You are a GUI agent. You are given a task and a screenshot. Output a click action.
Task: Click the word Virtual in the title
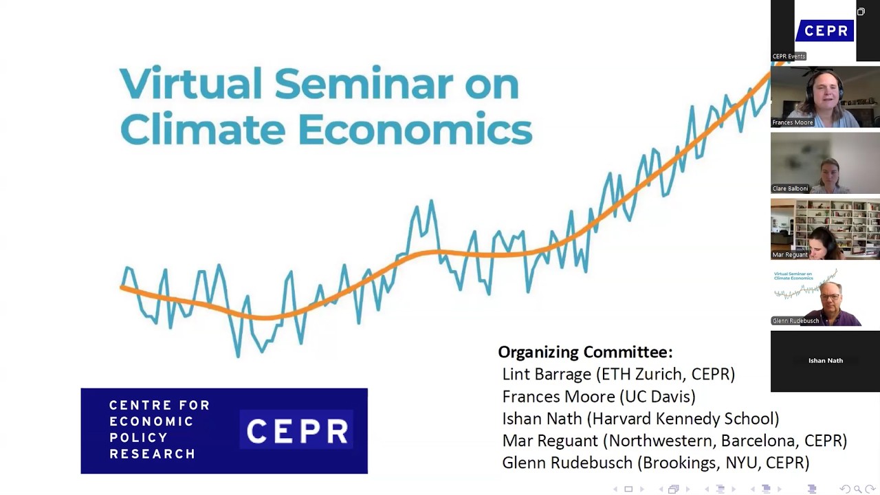(x=191, y=83)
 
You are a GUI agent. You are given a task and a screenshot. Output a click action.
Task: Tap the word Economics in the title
(x=415, y=129)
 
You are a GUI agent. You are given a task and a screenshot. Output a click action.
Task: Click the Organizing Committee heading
(x=585, y=352)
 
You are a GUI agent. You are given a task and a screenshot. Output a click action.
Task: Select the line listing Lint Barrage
(x=618, y=374)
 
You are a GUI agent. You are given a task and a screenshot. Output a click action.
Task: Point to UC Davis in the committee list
(x=657, y=397)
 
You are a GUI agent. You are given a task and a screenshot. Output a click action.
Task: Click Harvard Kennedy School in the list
(x=683, y=419)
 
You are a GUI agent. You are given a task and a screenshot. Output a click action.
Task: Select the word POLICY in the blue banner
(x=139, y=438)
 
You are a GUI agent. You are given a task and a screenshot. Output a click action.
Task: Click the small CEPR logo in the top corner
(x=825, y=31)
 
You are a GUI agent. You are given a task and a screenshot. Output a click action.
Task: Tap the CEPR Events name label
(x=789, y=56)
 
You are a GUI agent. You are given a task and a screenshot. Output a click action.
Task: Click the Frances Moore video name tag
(x=792, y=122)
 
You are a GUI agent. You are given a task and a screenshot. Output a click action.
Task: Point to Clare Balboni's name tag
(x=790, y=188)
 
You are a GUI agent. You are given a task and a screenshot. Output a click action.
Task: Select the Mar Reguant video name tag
(x=790, y=254)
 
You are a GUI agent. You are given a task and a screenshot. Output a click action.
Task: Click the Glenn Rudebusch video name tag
(x=795, y=320)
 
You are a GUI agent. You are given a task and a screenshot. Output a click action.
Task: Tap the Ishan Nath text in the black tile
(x=826, y=361)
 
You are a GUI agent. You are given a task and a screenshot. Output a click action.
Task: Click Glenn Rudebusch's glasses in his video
(x=830, y=296)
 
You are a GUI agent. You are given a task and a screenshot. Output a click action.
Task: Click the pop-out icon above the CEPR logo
(x=861, y=12)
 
